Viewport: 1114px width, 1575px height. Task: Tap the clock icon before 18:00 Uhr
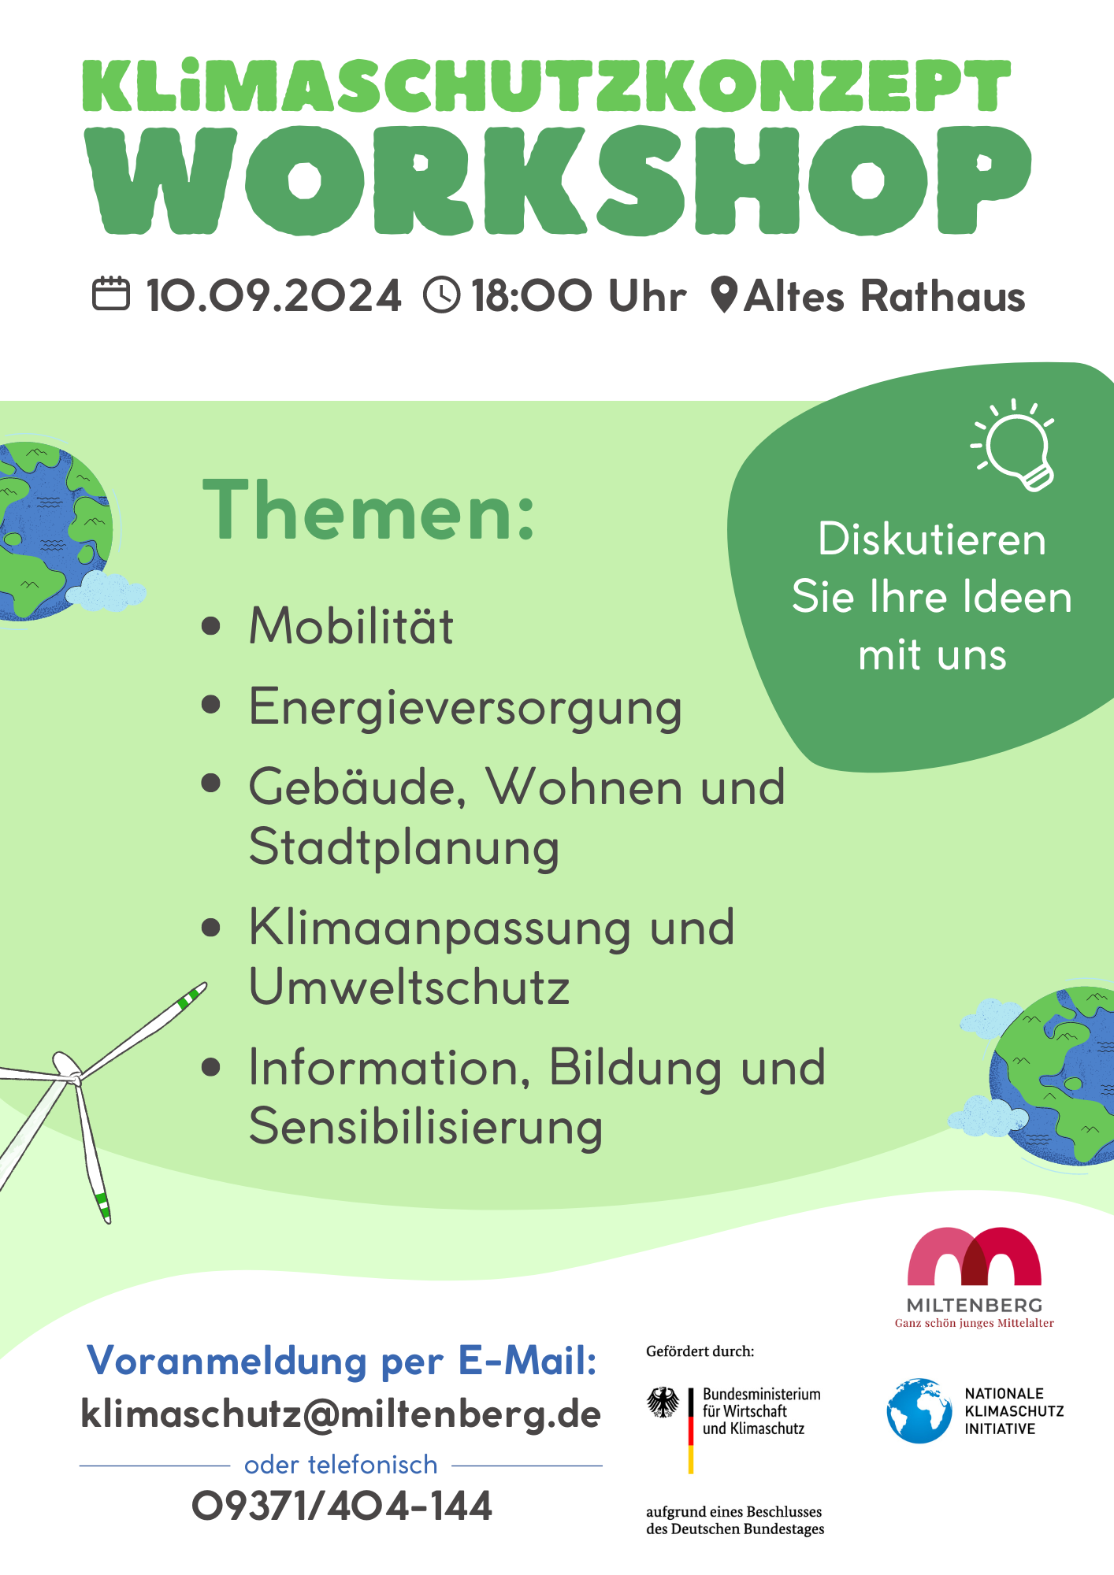[x=442, y=295]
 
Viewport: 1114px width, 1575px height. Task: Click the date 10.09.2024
[x=274, y=296]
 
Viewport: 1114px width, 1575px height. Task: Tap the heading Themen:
[x=369, y=510]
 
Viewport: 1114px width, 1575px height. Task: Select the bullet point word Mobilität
[x=351, y=626]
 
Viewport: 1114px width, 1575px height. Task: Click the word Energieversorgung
[x=466, y=707]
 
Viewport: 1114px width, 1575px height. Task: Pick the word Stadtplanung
[x=404, y=848]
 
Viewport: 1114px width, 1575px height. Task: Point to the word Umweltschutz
[x=410, y=987]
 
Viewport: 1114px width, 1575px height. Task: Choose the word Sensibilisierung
[x=426, y=1127]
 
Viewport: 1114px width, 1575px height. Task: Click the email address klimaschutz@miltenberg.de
[x=341, y=1414]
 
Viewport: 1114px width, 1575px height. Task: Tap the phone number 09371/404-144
[x=342, y=1506]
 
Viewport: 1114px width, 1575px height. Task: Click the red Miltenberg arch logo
[x=975, y=1256]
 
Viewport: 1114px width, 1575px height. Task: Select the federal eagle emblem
[x=663, y=1403]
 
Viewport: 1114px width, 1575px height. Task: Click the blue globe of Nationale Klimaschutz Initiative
[x=919, y=1410]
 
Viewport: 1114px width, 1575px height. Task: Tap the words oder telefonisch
[x=341, y=1465]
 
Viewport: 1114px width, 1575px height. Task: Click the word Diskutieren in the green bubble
[x=932, y=539]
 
